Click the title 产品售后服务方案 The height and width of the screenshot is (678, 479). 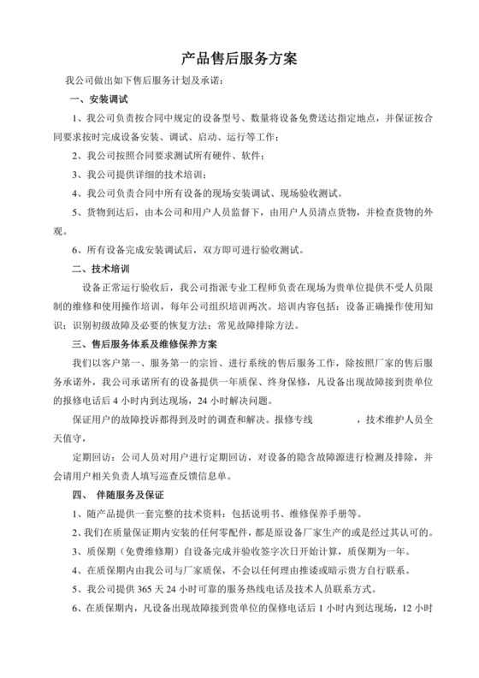(239, 59)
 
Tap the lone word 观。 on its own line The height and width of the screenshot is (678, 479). (59, 231)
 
